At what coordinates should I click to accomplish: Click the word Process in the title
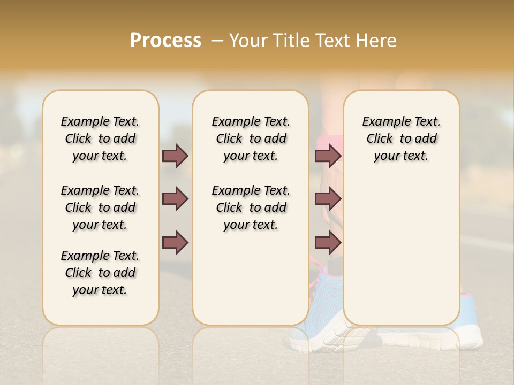[165, 41]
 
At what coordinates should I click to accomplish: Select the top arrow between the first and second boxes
[175, 156]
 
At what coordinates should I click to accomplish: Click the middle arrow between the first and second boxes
[175, 199]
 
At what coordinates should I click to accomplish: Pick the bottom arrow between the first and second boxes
[175, 242]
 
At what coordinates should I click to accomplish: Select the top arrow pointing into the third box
[328, 156]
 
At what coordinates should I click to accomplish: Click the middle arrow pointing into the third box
[328, 199]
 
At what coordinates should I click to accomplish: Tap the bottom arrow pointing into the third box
[328, 242]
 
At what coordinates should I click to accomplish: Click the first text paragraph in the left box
[100, 138]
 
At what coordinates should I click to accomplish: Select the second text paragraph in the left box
[100, 207]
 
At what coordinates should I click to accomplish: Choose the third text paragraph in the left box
[100, 273]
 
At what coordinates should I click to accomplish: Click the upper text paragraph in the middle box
[251, 138]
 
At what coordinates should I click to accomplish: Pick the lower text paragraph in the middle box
[251, 207]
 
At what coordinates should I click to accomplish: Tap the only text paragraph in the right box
[401, 138]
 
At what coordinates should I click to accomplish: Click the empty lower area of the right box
[401, 251]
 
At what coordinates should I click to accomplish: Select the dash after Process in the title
[217, 41]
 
